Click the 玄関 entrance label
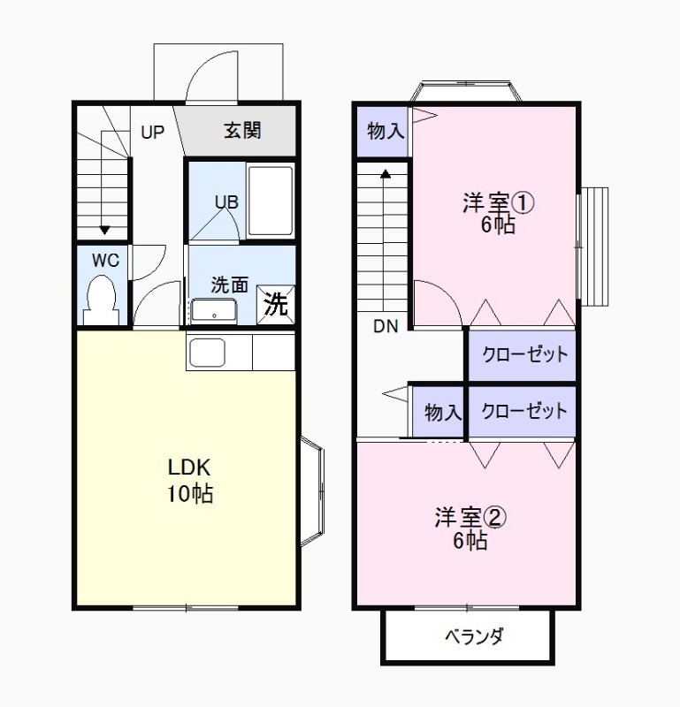pyautogui.click(x=241, y=131)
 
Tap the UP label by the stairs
pyautogui.click(x=152, y=133)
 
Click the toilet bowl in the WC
pyautogui.click(x=103, y=300)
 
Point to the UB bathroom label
pyautogui.click(x=226, y=201)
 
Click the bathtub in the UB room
pyautogui.click(x=270, y=201)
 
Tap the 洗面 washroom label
pyautogui.click(x=229, y=285)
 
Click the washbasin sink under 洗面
pyautogui.click(x=213, y=311)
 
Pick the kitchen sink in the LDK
pyautogui.click(x=209, y=353)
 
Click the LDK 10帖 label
pyautogui.click(x=189, y=480)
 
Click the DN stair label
pyautogui.click(x=386, y=326)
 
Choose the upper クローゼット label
pyautogui.click(x=523, y=354)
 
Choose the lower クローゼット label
pyautogui.click(x=523, y=411)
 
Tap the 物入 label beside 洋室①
pyautogui.click(x=385, y=132)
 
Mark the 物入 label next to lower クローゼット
pyautogui.click(x=442, y=412)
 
